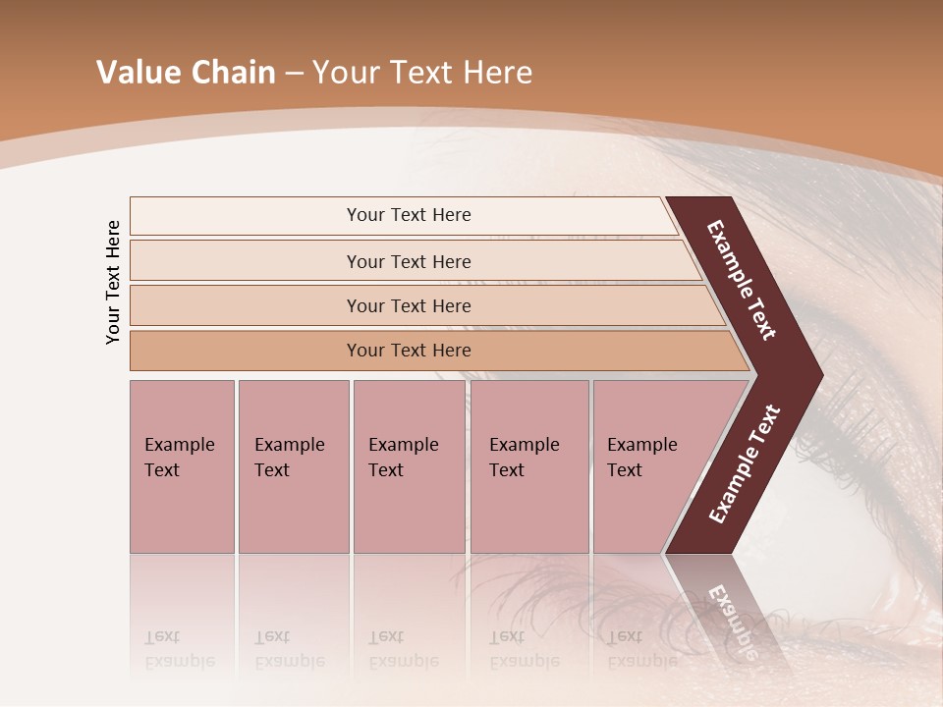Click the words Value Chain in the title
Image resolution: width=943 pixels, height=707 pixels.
186,73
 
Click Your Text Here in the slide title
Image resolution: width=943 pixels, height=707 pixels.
422,73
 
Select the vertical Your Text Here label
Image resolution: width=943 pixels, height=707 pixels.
114,282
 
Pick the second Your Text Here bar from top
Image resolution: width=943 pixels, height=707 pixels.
408,261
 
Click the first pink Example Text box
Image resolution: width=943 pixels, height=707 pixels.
182,466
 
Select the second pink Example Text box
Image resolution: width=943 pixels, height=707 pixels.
293,466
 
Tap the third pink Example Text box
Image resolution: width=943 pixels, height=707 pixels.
409,466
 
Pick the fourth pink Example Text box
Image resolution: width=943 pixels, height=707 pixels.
528,466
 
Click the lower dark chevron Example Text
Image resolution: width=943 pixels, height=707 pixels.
744,464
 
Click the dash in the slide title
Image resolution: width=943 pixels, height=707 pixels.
294,74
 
